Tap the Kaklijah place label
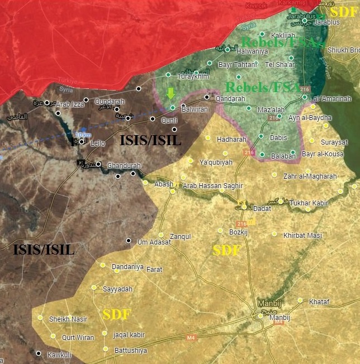pos(282,35)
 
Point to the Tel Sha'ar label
pos(280,64)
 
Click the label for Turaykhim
pos(193,77)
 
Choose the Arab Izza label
pos(70,104)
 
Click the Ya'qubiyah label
pos(215,162)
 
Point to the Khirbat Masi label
pos(302,236)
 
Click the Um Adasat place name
pos(154,242)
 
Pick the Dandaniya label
pos(127,267)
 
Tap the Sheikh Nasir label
pos(68,319)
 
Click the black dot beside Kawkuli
pos(39,353)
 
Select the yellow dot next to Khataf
pos(300,300)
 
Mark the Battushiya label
pos(130,351)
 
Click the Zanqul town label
pos(180,236)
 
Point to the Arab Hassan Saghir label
pos(212,185)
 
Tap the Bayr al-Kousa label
pos(323,154)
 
